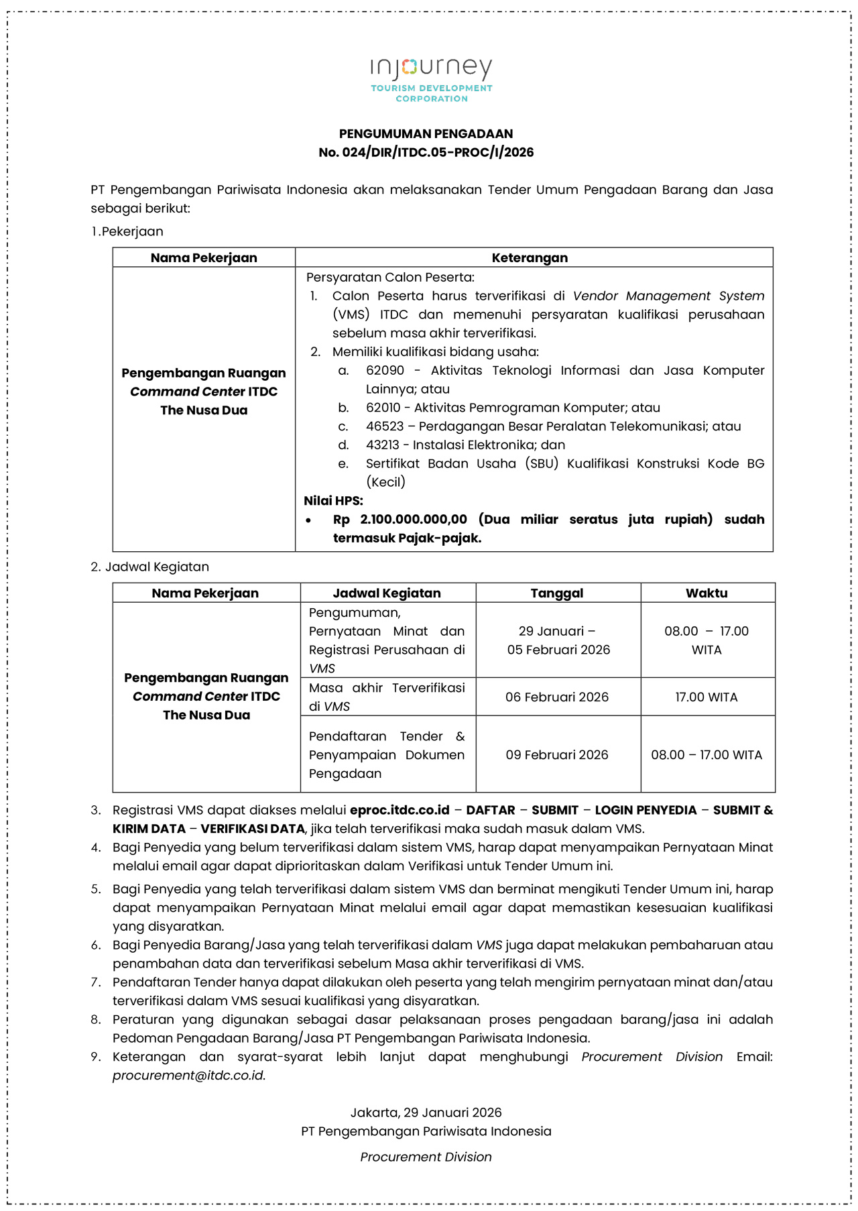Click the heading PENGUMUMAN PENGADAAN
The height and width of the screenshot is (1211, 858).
[x=426, y=133]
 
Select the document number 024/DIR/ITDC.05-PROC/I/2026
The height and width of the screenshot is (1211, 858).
[x=438, y=152]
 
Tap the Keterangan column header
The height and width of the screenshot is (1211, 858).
[x=530, y=257]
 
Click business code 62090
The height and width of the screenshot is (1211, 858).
[x=385, y=370]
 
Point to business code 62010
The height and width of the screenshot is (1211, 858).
[x=383, y=408]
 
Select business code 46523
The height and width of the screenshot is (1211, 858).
[x=385, y=426]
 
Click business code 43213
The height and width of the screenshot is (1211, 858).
[x=382, y=445]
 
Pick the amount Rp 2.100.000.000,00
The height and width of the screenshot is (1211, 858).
[x=400, y=519]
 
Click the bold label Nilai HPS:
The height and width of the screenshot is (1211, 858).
[x=333, y=500]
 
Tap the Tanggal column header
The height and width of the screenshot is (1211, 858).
[x=557, y=593]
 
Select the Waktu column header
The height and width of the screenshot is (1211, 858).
[x=707, y=593]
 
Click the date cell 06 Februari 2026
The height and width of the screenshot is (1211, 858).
[x=557, y=697]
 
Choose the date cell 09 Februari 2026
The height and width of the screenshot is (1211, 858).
[x=557, y=754]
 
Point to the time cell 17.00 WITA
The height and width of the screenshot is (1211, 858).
[x=707, y=697]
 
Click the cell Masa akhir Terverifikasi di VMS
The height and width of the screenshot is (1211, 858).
[x=387, y=697]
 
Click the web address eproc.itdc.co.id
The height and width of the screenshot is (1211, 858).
[x=400, y=810]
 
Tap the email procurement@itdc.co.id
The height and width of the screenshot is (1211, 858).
[x=188, y=1076]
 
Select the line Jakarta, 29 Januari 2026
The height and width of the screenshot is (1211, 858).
[x=426, y=1112]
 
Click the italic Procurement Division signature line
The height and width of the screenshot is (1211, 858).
[x=426, y=1157]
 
